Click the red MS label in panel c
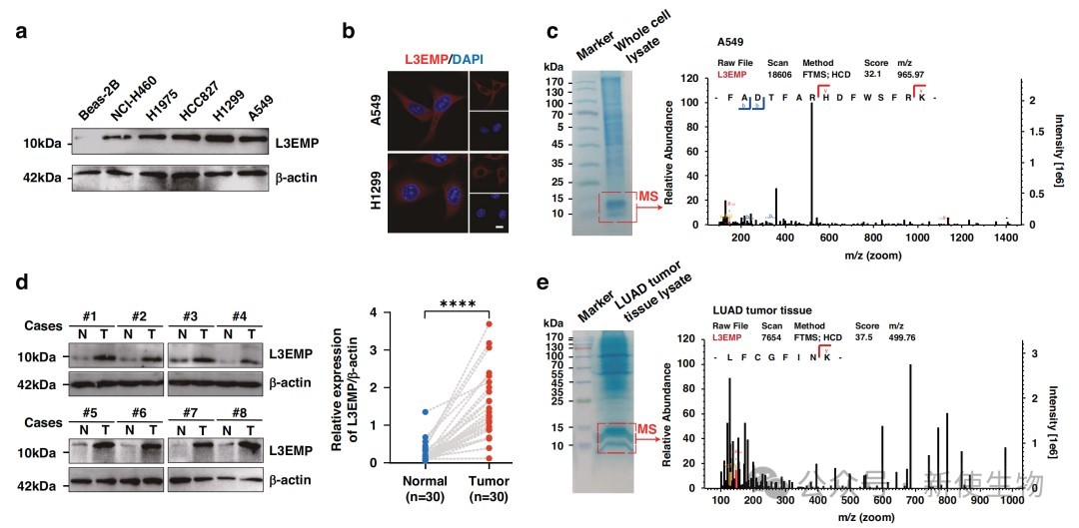tap(648, 206)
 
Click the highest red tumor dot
tap(490, 323)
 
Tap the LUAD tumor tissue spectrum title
tap(765, 312)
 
